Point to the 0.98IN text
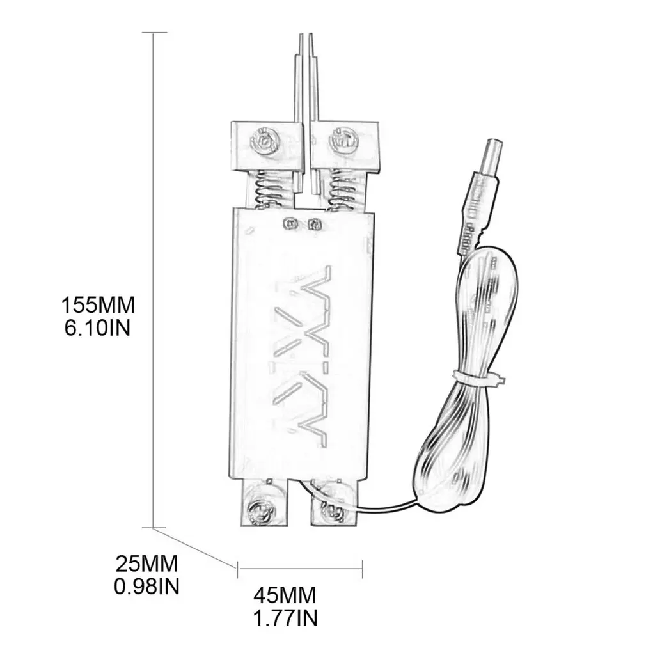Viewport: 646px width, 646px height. point(147,586)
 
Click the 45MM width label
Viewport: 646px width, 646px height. point(285,596)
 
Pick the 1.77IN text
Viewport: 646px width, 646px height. point(285,618)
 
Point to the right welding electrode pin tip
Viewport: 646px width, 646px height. point(311,38)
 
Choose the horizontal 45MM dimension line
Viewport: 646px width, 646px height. point(300,565)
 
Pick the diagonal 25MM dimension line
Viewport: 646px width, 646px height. point(195,546)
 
